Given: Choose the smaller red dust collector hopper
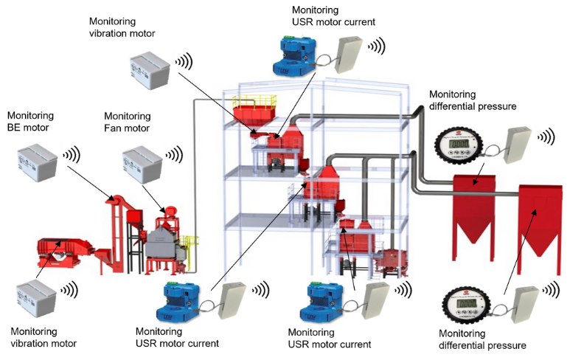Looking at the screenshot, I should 474,207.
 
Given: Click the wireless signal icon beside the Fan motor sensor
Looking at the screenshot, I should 175,155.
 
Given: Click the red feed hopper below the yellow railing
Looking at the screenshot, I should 254,118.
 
